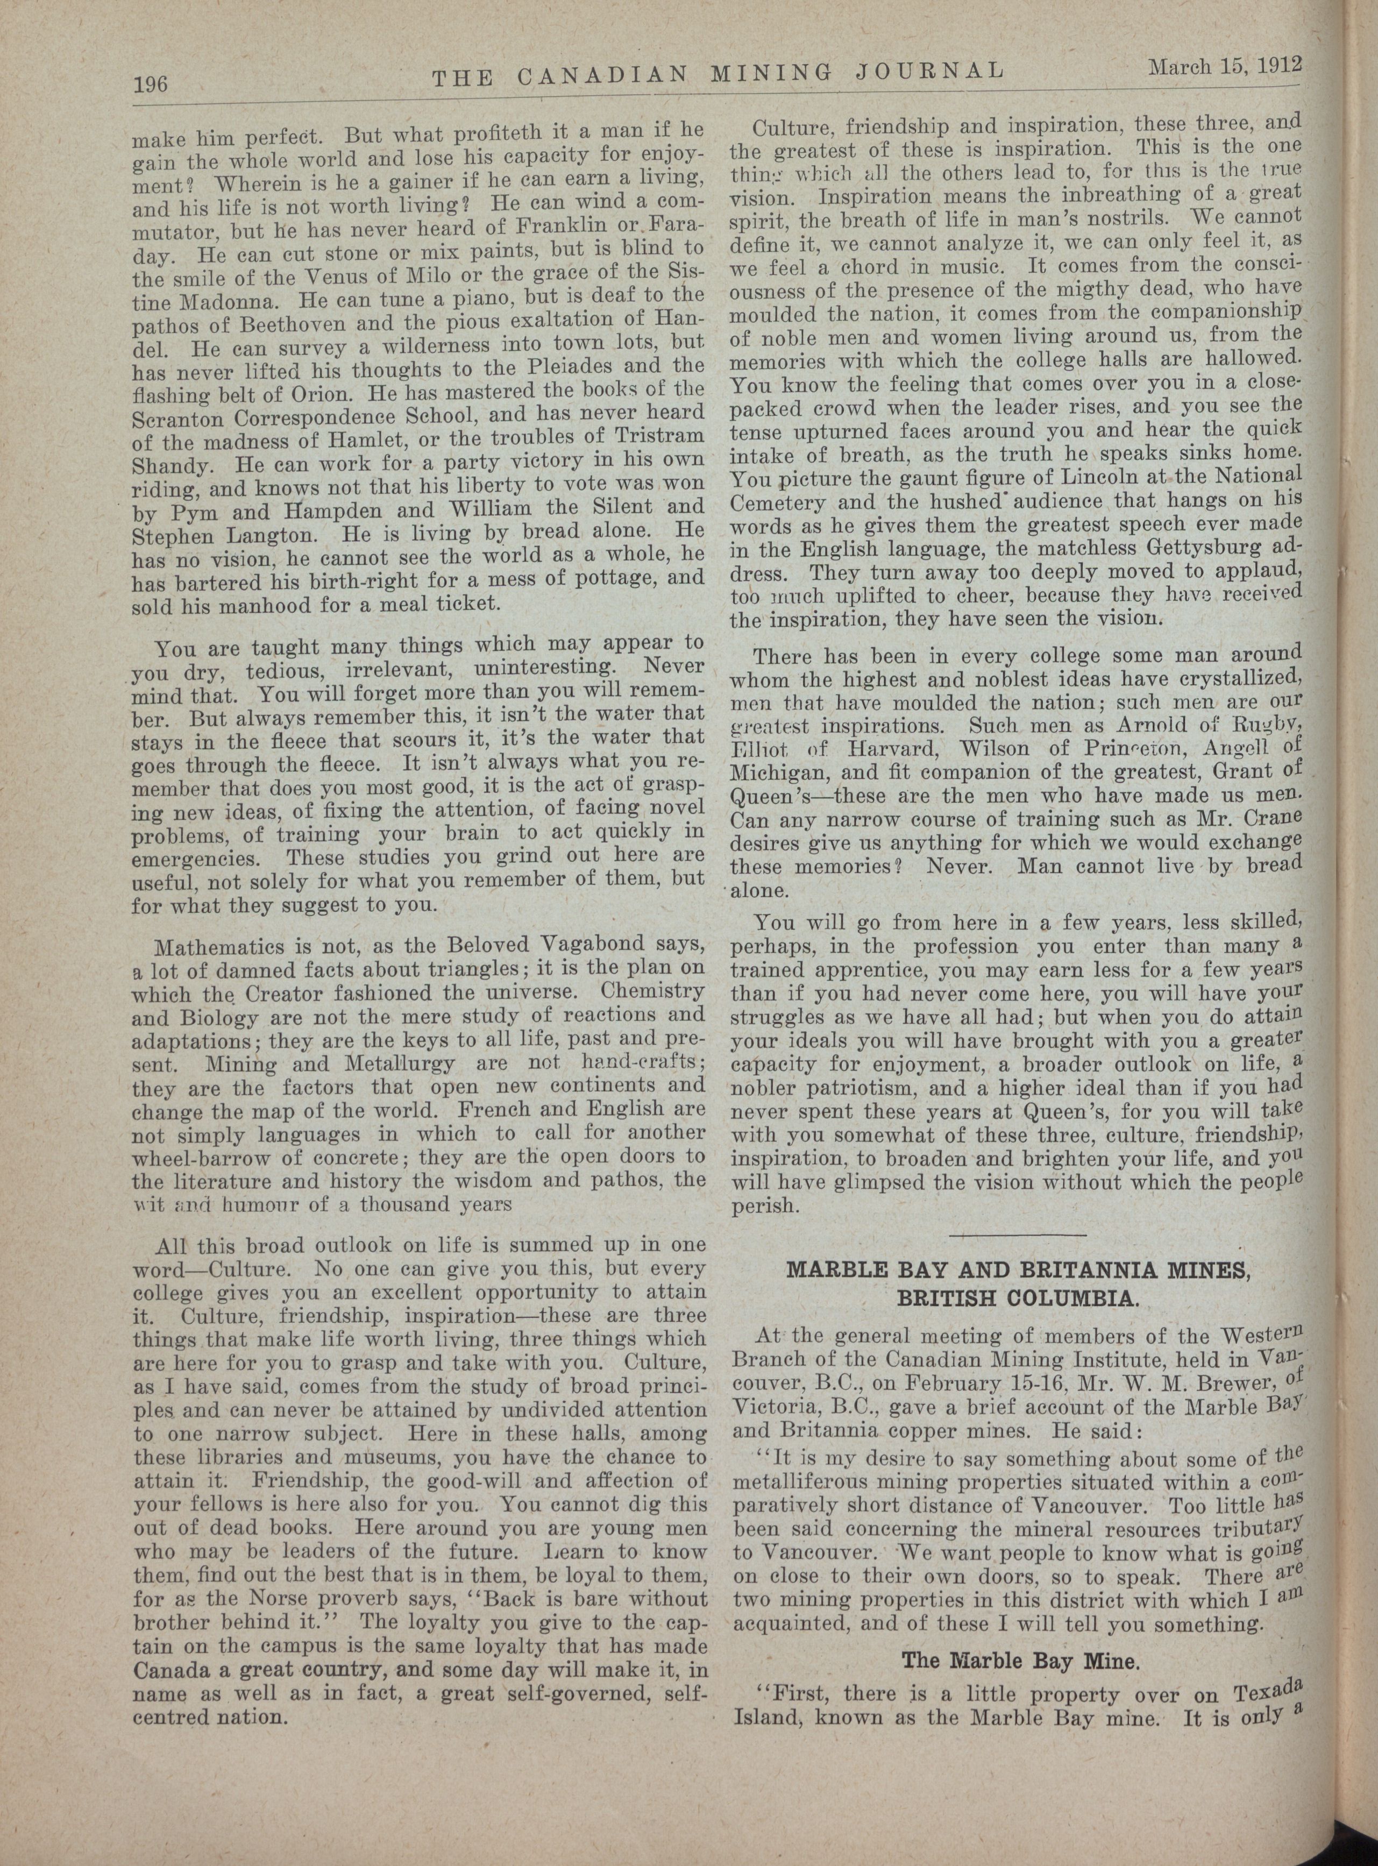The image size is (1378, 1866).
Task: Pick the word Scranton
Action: (174, 414)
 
